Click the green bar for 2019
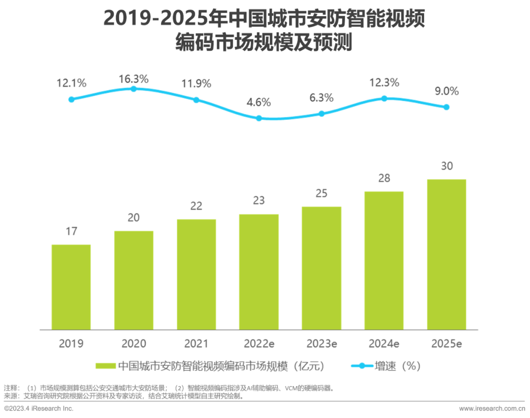point(71,287)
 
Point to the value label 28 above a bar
point(384,178)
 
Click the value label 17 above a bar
point(71,231)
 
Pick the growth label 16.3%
point(133,79)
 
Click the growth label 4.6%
point(259,103)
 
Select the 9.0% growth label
point(447,91)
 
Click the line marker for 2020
point(133,89)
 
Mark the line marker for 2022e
point(259,118)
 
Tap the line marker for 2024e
point(384,98)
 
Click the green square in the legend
point(105,366)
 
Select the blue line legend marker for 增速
point(362,366)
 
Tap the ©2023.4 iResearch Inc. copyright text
point(39,409)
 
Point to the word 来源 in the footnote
point(10,396)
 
